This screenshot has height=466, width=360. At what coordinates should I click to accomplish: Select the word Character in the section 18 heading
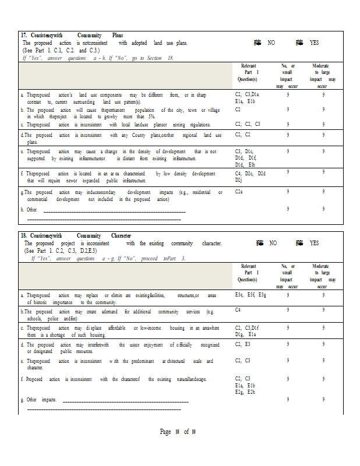[121, 235]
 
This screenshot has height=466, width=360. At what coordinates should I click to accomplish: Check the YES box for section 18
[299, 243]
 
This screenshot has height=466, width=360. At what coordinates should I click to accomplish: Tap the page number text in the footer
[178, 432]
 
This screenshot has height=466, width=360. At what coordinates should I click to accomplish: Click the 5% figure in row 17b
[151, 116]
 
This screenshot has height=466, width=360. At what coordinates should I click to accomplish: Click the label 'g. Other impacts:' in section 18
[40, 400]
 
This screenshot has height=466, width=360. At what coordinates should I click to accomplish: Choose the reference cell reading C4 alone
[238, 310]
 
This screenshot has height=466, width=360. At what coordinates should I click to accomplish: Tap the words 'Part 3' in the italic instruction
[178, 258]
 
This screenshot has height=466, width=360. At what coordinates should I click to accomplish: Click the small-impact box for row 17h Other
[287, 209]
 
